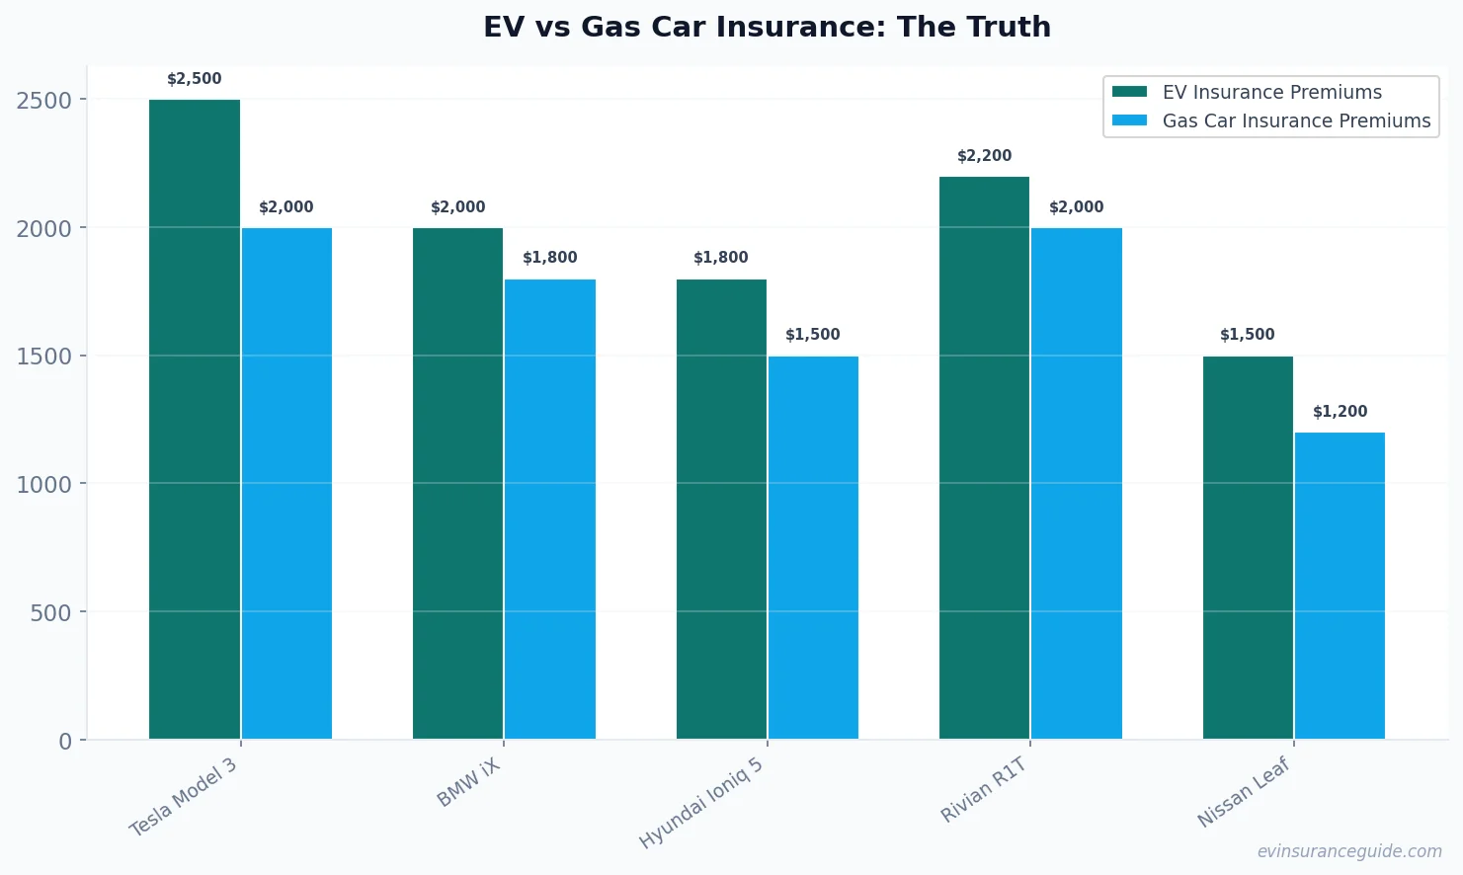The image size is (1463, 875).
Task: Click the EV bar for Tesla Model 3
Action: (x=195, y=419)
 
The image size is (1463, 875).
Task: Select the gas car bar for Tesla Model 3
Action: (x=286, y=483)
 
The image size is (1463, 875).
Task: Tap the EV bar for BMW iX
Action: (x=457, y=483)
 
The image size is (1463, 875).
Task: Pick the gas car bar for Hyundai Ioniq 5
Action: (x=813, y=547)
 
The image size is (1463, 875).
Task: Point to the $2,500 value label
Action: (x=195, y=79)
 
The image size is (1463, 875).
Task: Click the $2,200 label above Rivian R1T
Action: (x=984, y=156)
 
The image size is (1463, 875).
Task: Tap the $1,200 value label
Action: (x=1340, y=412)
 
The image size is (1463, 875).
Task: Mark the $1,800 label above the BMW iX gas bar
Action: (x=549, y=258)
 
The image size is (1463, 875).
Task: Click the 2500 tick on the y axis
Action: (x=44, y=100)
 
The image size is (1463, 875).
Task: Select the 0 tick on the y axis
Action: (x=65, y=741)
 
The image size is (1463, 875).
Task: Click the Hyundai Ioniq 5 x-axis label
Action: (x=701, y=803)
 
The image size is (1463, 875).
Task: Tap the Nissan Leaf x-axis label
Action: (x=1244, y=793)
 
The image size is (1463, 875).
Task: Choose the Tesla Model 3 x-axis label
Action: (x=184, y=798)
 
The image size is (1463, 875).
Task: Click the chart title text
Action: (x=767, y=27)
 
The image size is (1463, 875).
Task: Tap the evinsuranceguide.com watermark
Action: (x=1348, y=851)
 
